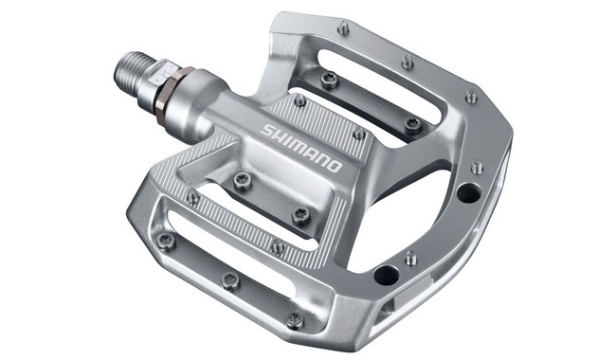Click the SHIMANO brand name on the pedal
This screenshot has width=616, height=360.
pos(300,147)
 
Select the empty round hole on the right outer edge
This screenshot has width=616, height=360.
pos(467,192)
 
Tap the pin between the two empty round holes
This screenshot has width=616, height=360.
pos(410,257)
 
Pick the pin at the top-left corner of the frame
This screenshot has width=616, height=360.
pos(343,29)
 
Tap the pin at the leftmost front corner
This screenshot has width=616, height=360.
pos(166,241)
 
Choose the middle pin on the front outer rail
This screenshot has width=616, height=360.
pos(229,279)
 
